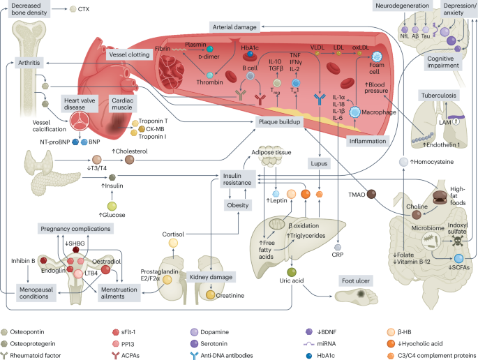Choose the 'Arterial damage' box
pyautogui.click(x=240, y=26)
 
